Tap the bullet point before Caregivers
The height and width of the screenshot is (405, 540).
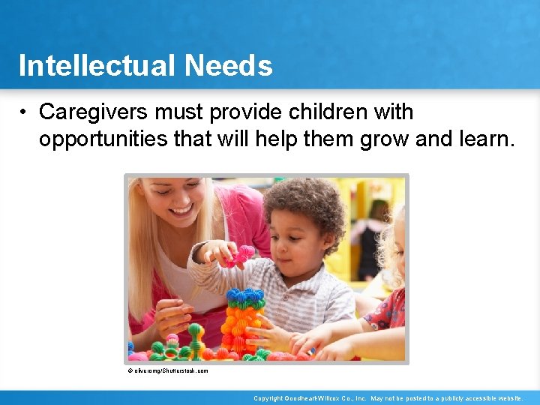coord(25,112)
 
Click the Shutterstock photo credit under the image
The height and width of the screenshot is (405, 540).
coord(167,370)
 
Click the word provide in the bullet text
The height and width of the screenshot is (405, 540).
coord(245,112)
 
